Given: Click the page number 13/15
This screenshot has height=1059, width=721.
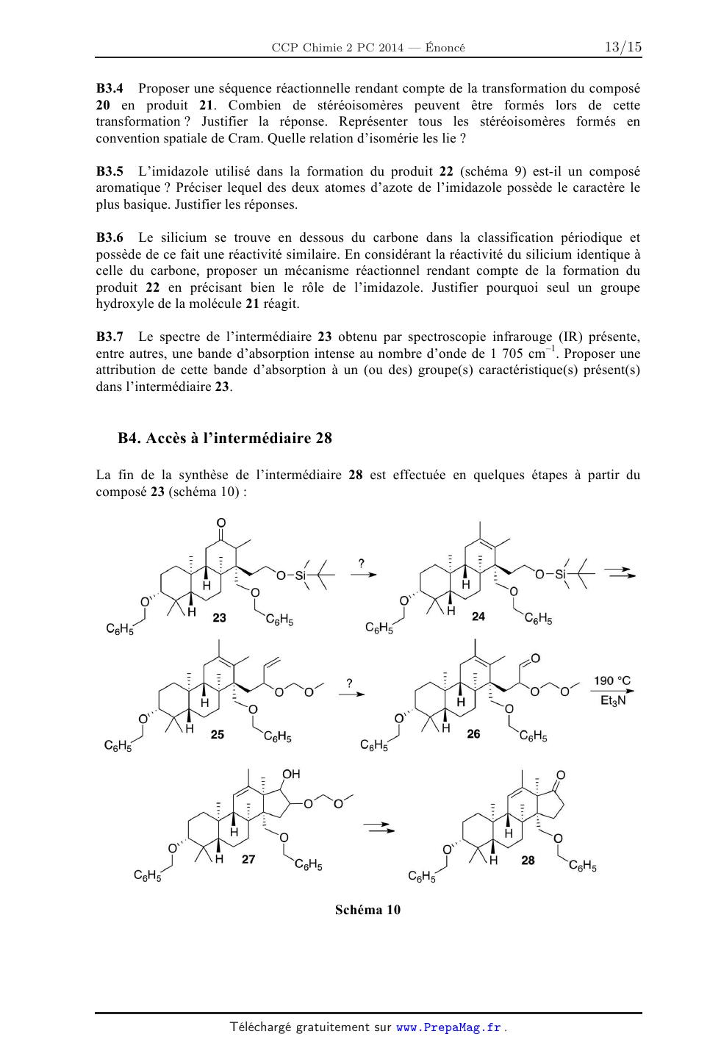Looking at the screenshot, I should point(623,48).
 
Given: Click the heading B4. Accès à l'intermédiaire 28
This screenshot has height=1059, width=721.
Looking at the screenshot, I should point(225,439).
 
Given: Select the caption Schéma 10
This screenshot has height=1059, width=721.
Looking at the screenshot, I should point(367,910).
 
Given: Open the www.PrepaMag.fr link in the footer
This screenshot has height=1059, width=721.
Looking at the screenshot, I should point(449,1027).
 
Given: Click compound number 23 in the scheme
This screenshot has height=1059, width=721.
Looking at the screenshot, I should point(219,617).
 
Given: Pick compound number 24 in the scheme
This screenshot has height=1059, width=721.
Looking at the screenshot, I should point(478,616).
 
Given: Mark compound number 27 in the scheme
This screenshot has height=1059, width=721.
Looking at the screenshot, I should point(248,858).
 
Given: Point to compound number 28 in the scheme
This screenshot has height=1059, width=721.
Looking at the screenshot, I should point(528,859).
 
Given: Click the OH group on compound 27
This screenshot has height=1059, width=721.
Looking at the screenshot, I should point(291,774).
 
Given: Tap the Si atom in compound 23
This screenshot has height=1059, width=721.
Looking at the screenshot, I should point(300,575).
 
